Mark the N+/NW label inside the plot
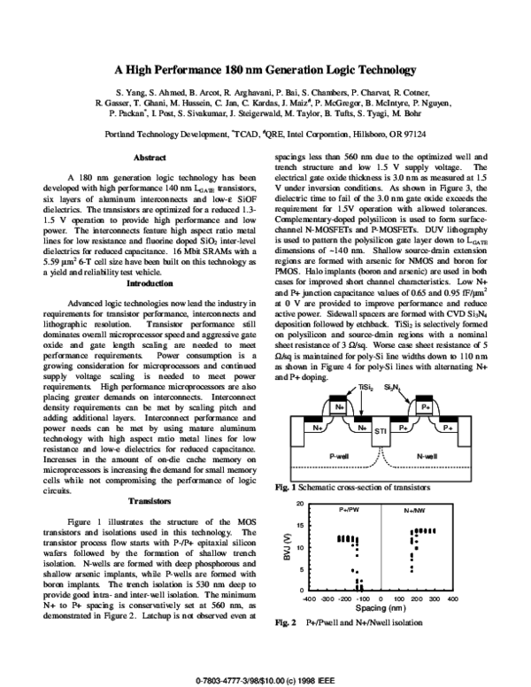(x=414, y=512)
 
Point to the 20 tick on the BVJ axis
(x=302, y=504)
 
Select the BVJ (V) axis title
(x=285, y=546)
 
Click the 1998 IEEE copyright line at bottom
(x=265, y=678)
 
